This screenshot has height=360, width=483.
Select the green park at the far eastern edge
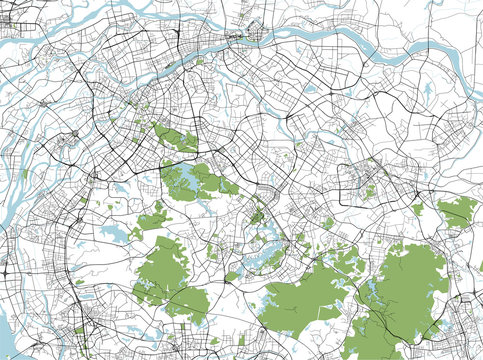tap(458, 211)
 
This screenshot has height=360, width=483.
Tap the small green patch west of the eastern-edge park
tap(418, 209)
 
